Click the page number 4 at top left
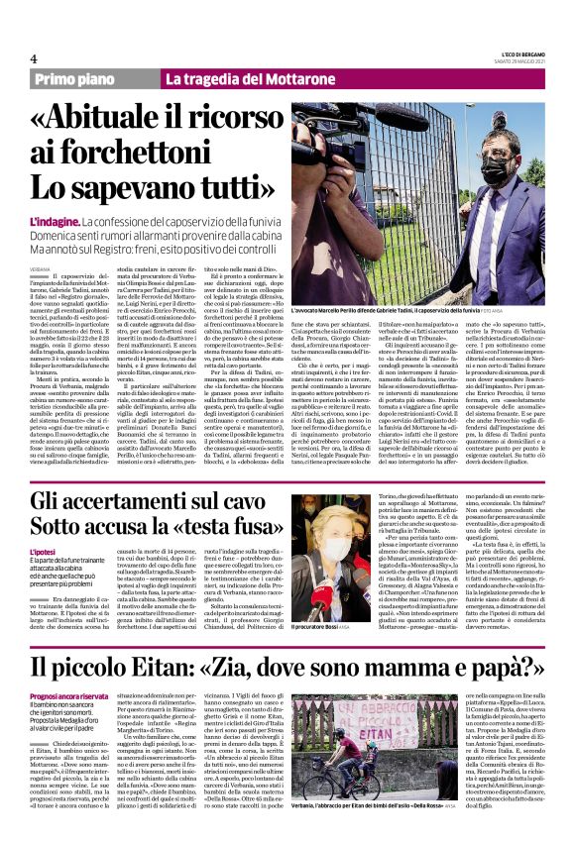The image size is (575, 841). coord(34,58)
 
